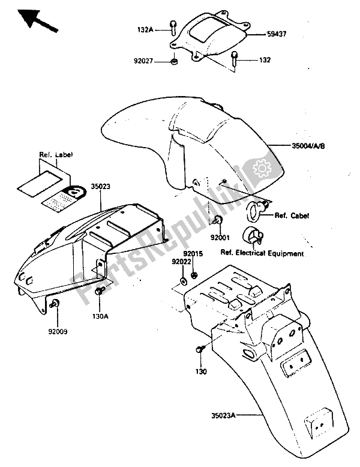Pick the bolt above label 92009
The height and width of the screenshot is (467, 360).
click(55, 304)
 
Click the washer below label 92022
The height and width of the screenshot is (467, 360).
click(182, 282)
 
